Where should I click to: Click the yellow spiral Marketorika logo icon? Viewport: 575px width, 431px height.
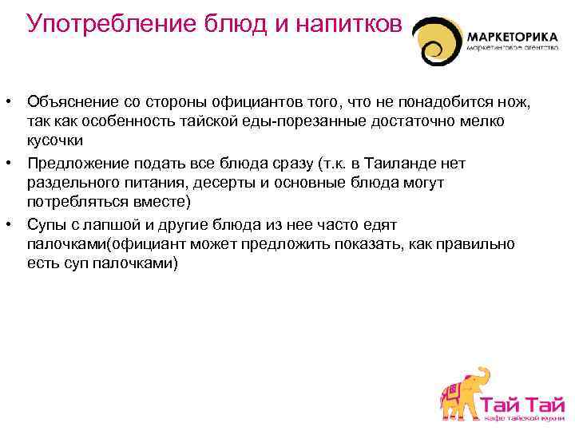click(437, 42)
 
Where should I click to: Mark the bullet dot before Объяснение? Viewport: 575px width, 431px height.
click(6, 102)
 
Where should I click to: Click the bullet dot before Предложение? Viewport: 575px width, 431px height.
click(6, 163)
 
